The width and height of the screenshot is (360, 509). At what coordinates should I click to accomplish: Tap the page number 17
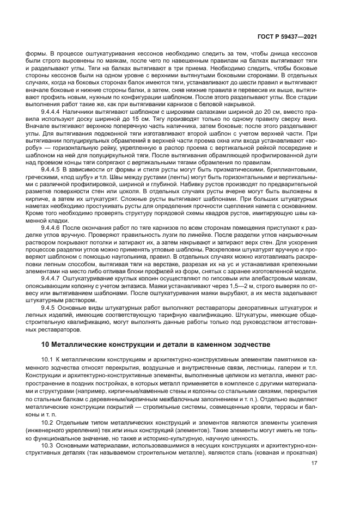coord(314,463)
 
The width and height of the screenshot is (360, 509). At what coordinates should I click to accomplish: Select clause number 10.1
coord(59,360)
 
